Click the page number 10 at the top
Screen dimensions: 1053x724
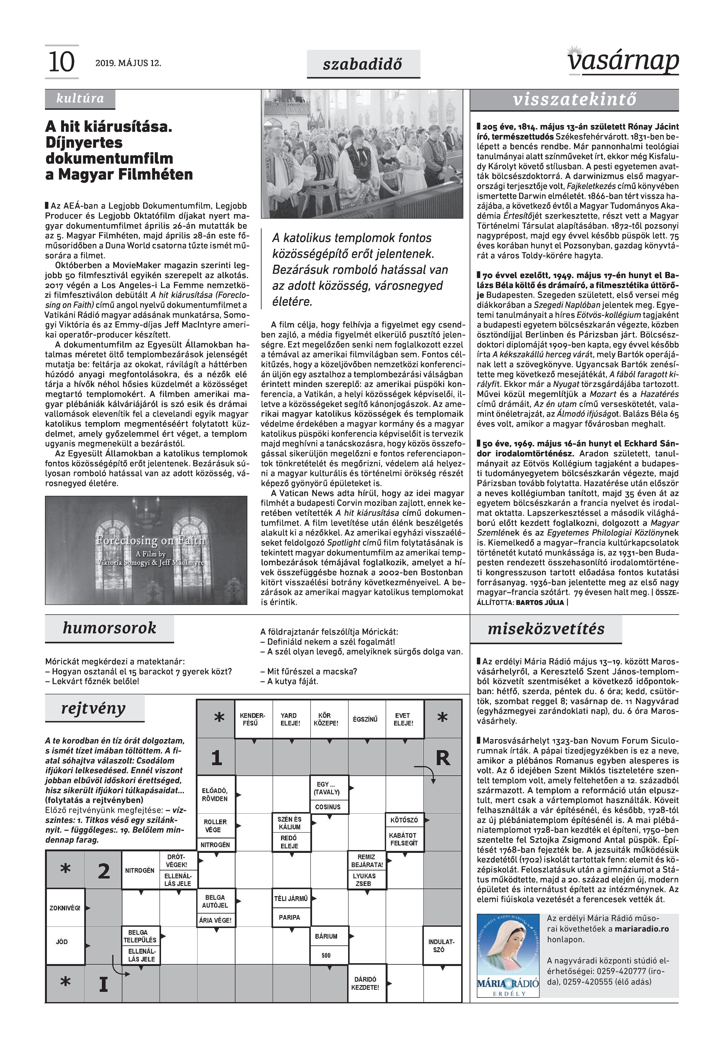pos(61,62)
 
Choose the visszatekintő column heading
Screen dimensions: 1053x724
pos(574,100)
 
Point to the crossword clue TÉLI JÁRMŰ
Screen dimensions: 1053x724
pos(291,899)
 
